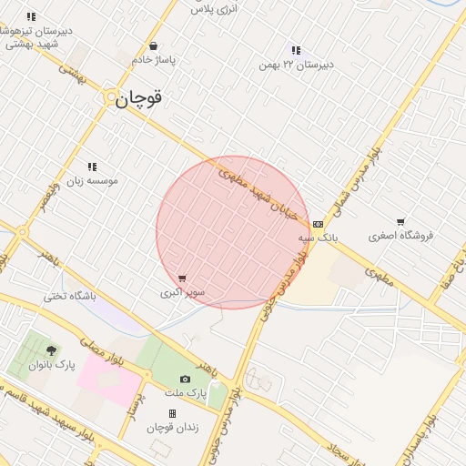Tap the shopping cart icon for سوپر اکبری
point(183,279)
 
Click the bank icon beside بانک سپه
point(318,223)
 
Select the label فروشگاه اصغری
point(401,236)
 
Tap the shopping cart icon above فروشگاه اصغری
point(400,221)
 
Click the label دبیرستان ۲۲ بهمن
point(296,65)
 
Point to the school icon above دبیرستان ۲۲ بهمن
point(295,50)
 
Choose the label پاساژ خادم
point(153,60)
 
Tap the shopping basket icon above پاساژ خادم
point(153,46)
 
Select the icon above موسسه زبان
point(92,167)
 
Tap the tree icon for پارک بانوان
point(50,349)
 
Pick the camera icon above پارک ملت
point(186,379)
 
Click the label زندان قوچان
point(172,428)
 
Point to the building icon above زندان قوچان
point(172,413)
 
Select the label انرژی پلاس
point(213,7)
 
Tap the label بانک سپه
point(318,238)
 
